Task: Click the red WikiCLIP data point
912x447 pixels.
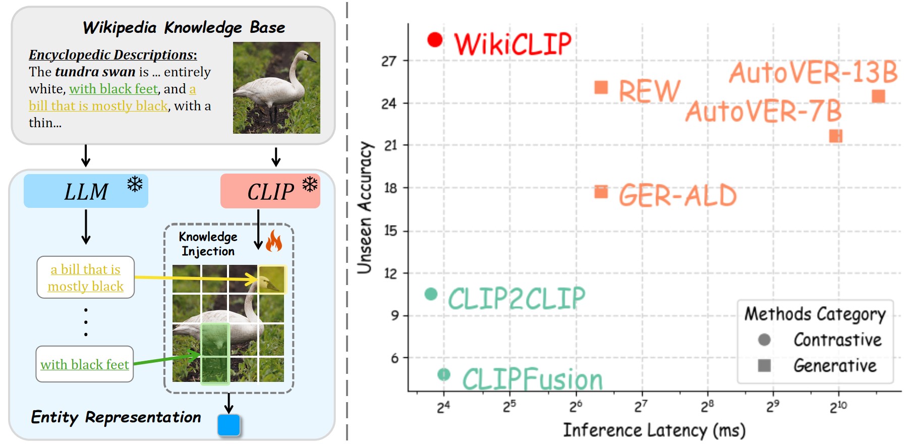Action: click(435, 40)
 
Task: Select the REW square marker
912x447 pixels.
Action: click(601, 87)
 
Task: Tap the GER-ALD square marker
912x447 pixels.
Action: click(601, 192)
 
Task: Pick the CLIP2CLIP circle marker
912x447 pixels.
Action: click(431, 294)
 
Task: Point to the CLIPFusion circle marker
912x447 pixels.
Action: click(443, 374)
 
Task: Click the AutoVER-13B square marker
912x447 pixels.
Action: click(878, 96)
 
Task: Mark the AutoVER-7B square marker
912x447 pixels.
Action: click(836, 136)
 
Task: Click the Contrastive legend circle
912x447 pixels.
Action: click(764, 340)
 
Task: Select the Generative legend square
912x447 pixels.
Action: click(764, 365)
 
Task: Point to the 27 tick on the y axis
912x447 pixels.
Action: click(389, 61)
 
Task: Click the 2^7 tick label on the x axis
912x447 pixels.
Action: click(641, 406)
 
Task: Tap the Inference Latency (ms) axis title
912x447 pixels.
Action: click(654, 430)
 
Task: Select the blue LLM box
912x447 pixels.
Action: click(86, 191)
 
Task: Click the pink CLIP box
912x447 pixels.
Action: click(270, 191)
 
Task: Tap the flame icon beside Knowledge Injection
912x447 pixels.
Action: click(274, 241)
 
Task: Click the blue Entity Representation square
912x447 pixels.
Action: click(229, 425)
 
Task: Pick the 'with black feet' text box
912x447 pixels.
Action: click(85, 364)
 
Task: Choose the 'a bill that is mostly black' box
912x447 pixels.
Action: click(85, 277)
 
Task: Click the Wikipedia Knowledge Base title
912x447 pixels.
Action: click(184, 27)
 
